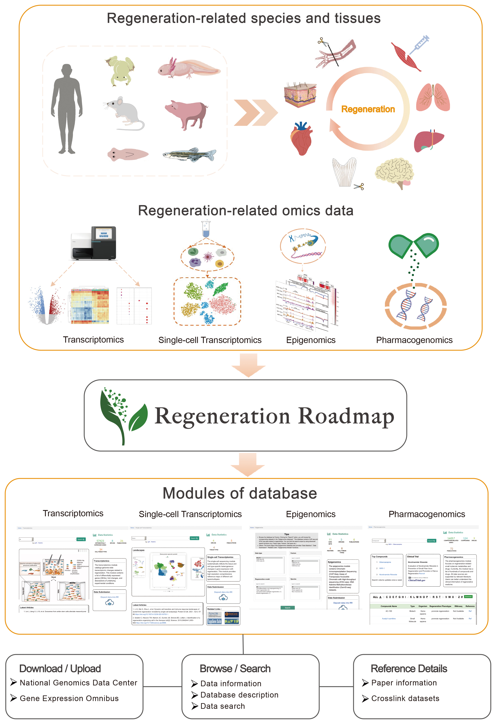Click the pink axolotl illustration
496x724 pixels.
tap(189, 69)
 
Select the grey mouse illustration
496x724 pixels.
tap(125, 113)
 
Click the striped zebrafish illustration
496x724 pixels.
tap(189, 155)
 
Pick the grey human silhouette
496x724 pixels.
tap(67, 109)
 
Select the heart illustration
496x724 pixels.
tap(301, 138)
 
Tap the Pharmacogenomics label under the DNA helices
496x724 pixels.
tap(414, 340)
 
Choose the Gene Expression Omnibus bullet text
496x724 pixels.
tap(69, 698)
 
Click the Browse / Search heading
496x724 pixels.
tap(235, 669)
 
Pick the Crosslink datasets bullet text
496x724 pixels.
tap(405, 698)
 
